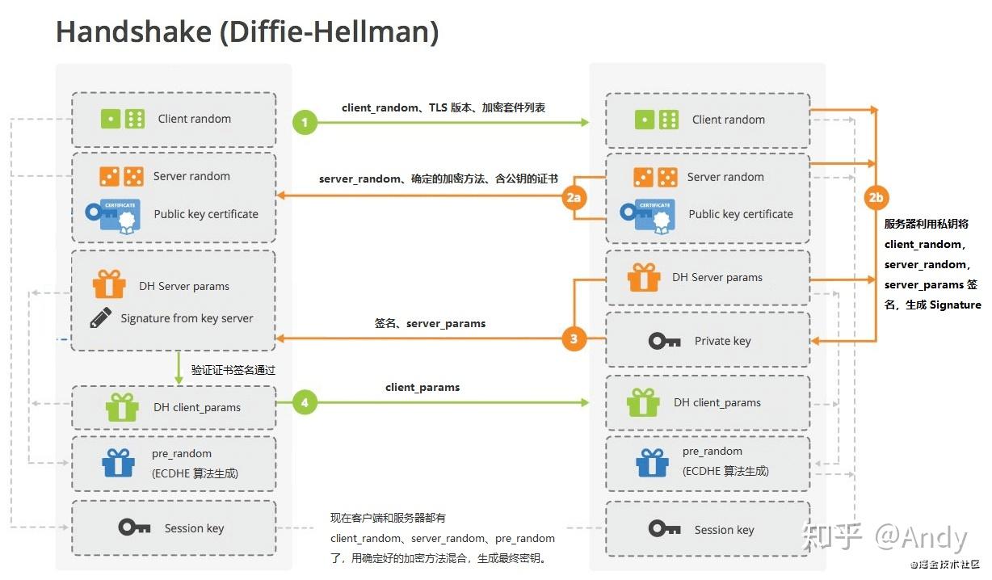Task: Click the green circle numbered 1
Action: tap(305, 123)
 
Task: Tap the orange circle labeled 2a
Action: tap(574, 197)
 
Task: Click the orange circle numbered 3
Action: tap(574, 338)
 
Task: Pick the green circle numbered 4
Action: tap(305, 401)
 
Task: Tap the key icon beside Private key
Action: tap(664, 341)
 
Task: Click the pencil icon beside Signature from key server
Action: tap(101, 317)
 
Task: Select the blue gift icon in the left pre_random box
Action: tap(118, 463)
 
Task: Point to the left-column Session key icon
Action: tap(134, 527)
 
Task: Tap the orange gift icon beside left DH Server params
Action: tap(109, 284)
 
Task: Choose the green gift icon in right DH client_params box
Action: tap(643, 401)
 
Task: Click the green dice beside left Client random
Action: tap(122, 119)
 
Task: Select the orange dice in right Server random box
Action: tap(655, 177)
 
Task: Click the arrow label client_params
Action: tap(422, 388)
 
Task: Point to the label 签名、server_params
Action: tap(430, 323)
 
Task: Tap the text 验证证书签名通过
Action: tap(233, 370)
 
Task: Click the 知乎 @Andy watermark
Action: tap(884, 537)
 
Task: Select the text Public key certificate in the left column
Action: tap(206, 214)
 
